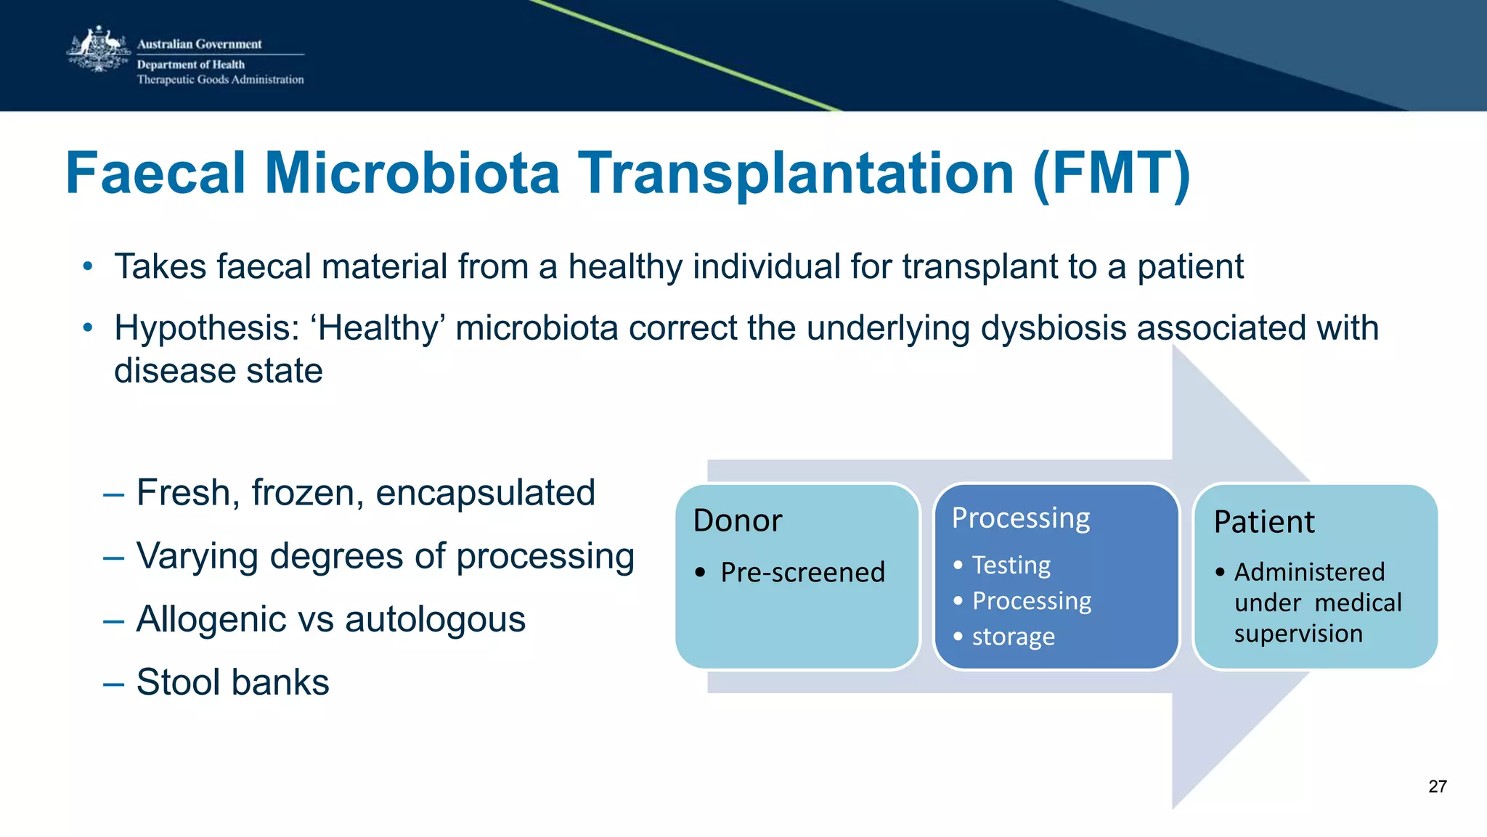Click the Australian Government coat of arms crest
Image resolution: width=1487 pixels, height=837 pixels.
(x=99, y=50)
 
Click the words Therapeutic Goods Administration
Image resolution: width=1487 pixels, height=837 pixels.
(x=220, y=80)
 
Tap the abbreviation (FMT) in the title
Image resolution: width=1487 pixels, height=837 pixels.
(x=1111, y=174)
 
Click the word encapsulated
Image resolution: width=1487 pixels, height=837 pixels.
(x=485, y=493)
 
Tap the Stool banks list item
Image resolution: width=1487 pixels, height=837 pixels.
(x=232, y=682)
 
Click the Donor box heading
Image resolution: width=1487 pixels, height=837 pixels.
(x=738, y=521)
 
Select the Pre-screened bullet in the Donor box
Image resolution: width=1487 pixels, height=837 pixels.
(x=802, y=573)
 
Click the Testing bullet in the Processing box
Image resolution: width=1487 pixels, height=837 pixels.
(x=1011, y=565)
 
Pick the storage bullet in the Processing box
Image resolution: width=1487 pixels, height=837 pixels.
(x=1013, y=637)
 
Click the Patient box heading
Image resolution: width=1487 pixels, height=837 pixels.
(x=1264, y=522)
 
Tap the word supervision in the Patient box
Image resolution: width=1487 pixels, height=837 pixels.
(x=1298, y=634)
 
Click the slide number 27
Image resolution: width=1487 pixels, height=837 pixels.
(x=1437, y=786)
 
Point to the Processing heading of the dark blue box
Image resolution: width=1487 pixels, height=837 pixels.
(x=1021, y=518)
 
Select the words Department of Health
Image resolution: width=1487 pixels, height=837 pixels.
(x=191, y=65)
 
